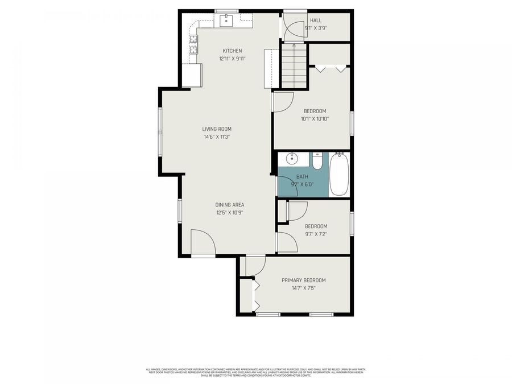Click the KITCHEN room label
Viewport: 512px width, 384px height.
(232, 51)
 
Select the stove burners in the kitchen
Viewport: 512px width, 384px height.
(193, 44)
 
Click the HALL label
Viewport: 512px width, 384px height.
(315, 20)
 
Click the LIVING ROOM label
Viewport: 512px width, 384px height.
(217, 129)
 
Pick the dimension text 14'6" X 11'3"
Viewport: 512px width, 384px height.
(217, 137)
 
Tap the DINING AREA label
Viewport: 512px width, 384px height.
(230, 205)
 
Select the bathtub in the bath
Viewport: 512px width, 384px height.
(338, 174)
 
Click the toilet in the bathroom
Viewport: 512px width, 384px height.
(317, 160)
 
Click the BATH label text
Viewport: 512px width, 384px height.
(302, 176)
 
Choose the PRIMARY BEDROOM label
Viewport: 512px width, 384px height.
(304, 280)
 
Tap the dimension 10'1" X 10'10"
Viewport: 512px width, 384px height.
(315, 119)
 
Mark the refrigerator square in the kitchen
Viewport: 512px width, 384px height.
(192, 75)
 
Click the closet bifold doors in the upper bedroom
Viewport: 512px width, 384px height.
(331, 69)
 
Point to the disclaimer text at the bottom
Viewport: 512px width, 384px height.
(256, 372)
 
